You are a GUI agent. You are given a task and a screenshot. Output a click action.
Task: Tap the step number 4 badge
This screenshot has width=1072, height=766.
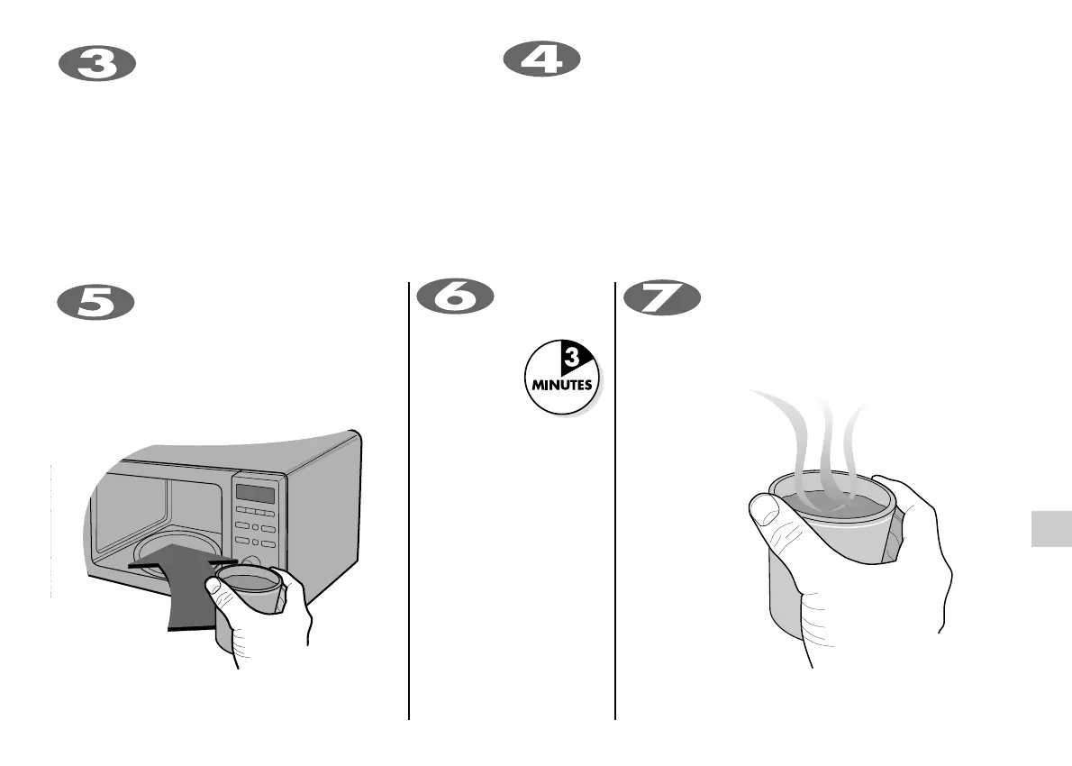tap(541, 61)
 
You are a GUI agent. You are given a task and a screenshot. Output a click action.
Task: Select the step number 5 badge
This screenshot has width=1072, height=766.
tap(96, 301)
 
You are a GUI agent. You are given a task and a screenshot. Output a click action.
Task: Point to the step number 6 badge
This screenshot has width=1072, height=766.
tap(455, 297)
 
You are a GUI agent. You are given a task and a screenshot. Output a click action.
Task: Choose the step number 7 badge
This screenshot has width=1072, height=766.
tap(661, 298)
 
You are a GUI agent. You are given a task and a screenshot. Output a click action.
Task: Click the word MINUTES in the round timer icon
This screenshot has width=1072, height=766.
tap(560, 383)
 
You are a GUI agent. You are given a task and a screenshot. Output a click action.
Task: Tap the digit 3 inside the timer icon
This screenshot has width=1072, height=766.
tap(570, 360)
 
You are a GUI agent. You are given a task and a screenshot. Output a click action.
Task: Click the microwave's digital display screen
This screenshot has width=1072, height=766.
tap(255, 494)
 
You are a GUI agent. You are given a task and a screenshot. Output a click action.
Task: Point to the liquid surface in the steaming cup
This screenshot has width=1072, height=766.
tap(829, 500)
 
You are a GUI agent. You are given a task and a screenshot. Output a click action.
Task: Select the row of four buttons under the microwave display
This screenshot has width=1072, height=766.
tap(255, 512)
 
